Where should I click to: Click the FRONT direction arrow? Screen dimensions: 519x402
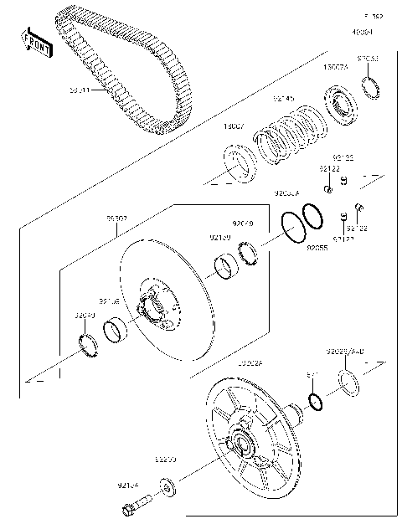(x=34, y=42)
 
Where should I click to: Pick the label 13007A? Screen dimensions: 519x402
(x=336, y=67)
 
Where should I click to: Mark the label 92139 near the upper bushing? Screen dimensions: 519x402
(x=220, y=238)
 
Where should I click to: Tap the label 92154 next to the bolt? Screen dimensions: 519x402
(x=128, y=484)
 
